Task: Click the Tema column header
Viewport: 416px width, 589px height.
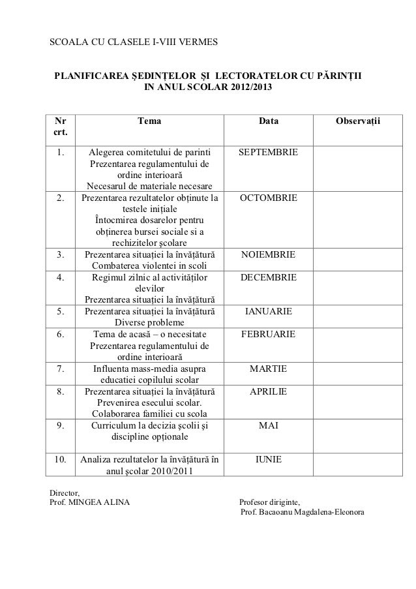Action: coord(150,121)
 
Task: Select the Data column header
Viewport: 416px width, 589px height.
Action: coord(268,121)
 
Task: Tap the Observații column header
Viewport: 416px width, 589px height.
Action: coord(358,121)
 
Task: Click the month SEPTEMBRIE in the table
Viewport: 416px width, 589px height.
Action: coord(268,153)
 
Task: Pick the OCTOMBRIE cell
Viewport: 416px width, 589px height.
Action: coord(268,197)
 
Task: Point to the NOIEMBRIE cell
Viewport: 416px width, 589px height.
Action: coord(268,254)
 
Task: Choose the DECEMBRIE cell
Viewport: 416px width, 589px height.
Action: coord(268,277)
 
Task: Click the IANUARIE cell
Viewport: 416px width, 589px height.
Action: coord(268,311)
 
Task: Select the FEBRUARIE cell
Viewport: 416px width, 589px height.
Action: coord(268,334)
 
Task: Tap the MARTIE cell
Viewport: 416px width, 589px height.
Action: coord(268,369)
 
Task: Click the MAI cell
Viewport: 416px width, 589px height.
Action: coord(268,425)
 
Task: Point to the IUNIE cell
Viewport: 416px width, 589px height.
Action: coord(268,460)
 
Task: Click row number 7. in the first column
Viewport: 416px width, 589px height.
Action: coord(60,369)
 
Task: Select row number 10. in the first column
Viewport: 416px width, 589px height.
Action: coord(60,460)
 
